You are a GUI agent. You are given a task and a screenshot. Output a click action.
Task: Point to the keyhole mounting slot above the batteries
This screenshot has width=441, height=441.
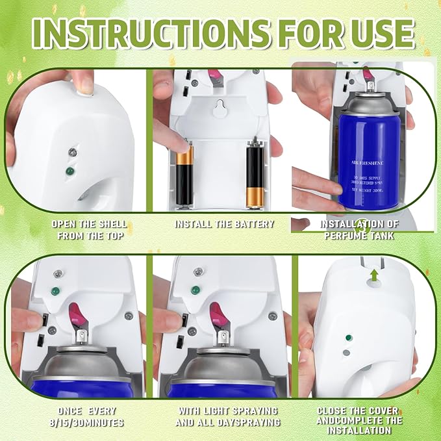pyautogui.click(x=220, y=111)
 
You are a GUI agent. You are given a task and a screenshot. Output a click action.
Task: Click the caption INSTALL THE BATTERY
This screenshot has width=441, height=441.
pyautogui.click(x=224, y=224)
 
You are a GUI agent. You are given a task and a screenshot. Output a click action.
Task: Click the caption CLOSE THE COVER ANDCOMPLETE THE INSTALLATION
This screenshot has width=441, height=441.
pyautogui.click(x=359, y=420)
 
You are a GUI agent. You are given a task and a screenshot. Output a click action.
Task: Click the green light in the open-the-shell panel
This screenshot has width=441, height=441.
pyautogui.click(x=69, y=171)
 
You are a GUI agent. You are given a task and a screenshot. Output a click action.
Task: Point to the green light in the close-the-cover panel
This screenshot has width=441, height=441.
pyautogui.click(x=349, y=338)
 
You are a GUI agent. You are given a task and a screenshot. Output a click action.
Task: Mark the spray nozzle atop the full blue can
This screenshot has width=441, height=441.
pyautogui.click(x=369, y=86)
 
